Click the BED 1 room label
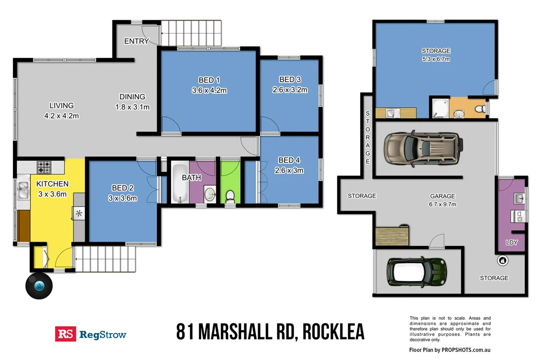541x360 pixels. click(209, 81)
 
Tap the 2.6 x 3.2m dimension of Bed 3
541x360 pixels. click(289, 90)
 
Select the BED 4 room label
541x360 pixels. click(289, 160)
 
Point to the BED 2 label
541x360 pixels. click(123, 188)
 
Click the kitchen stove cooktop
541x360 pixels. click(44, 165)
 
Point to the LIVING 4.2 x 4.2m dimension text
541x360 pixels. click(62, 115)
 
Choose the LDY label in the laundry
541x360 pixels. click(511, 243)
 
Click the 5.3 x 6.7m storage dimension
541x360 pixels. click(436, 59)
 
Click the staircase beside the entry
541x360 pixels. click(192, 34)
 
